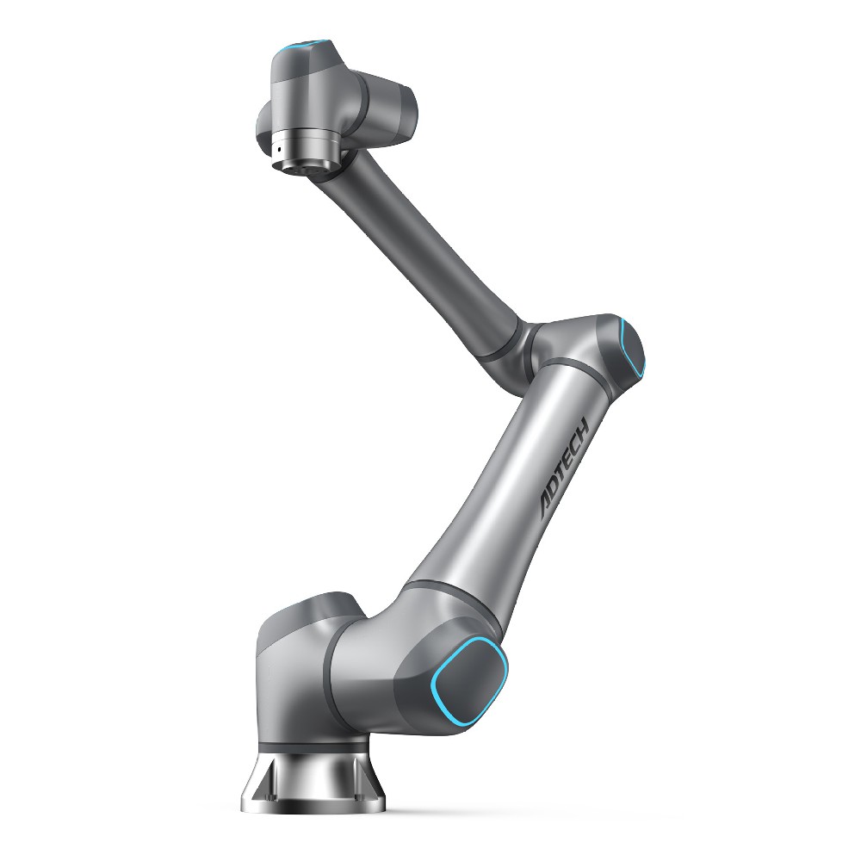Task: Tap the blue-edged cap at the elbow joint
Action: pyautogui.click(x=631, y=348)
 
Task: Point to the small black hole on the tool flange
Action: pyautogui.click(x=280, y=149)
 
